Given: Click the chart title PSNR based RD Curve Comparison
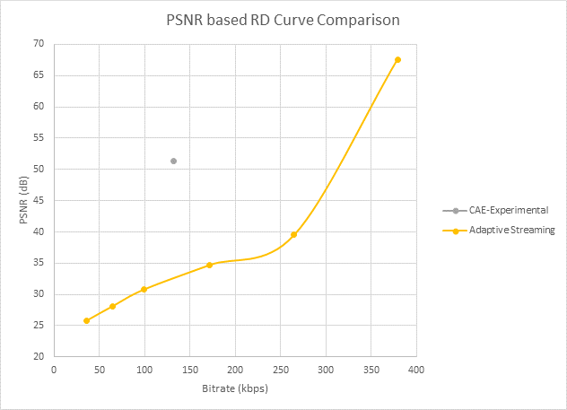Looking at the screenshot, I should (x=283, y=19).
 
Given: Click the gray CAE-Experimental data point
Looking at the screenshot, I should (x=173, y=161).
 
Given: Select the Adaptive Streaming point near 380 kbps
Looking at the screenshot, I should (x=397, y=60).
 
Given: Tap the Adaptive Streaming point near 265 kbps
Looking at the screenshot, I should (x=293, y=234).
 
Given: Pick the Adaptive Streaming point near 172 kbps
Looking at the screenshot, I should (x=209, y=265).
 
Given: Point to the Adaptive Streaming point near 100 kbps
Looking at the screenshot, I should (x=144, y=289).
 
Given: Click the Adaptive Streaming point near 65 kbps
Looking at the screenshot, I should (x=112, y=306).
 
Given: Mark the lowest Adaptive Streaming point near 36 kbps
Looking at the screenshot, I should (x=86, y=320).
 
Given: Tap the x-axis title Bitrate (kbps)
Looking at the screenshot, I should (x=236, y=388).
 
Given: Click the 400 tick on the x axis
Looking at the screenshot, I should (x=416, y=369).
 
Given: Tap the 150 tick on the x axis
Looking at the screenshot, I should (x=190, y=369).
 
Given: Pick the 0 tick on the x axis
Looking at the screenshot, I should (x=54, y=369).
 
